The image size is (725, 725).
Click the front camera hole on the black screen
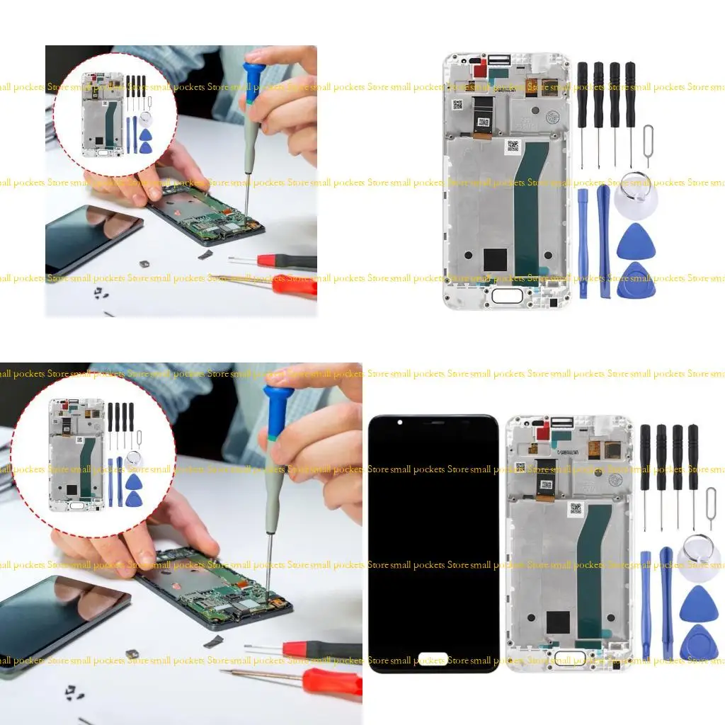pyautogui.click(x=400, y=423)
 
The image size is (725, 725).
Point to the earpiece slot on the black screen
pyautogui.click(x=433, y=423)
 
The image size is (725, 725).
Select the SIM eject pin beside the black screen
pyautogui.click(x=711, y=507)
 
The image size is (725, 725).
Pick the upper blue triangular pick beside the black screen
pyautogui.click(x=699, y=605)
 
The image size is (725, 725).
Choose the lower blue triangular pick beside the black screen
pyautogui.click(x=699, y=643)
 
